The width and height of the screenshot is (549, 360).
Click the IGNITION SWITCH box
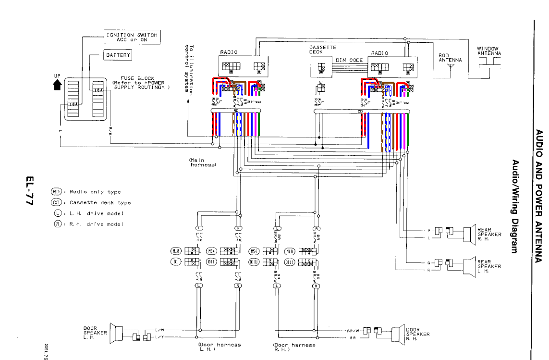click(x=131, y=37)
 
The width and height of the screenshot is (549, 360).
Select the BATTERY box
click(x=118, y=55)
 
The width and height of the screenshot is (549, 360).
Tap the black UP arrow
click(x=58, y=85)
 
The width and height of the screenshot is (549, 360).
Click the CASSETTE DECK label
click(x=322, y=50)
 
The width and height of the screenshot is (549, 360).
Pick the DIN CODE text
click(x=349, y=60)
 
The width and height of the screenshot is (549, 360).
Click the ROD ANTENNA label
click(x=450, y=58)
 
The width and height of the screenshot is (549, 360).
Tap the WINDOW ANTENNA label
click(x=488, y=51)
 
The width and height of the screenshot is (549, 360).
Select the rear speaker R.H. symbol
click(x=469, y=235)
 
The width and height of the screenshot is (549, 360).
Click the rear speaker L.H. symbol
click(x=469, y=266)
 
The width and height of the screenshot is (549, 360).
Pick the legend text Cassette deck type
click(x=100, y=202)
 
